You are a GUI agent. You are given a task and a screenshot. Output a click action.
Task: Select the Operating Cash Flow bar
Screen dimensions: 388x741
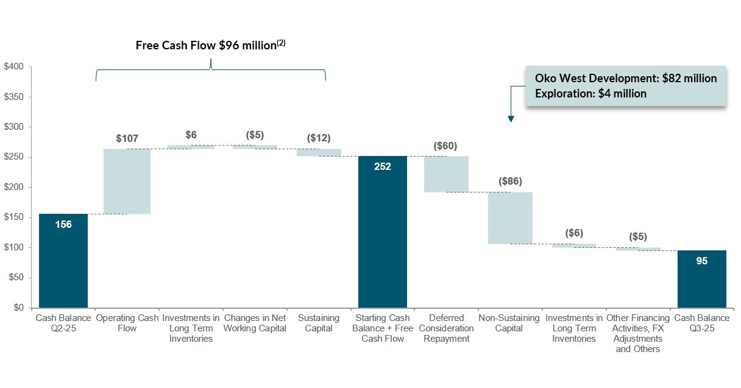click(127, 182)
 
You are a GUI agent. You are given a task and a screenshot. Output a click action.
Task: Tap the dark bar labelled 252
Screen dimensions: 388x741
click(383, 231)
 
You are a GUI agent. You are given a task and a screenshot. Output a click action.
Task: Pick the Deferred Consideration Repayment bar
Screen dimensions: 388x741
click(446, 174)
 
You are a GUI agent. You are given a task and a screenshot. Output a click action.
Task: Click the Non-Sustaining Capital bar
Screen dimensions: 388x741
click(509, 218)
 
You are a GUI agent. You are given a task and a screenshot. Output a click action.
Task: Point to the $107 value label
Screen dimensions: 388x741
click(127, 139)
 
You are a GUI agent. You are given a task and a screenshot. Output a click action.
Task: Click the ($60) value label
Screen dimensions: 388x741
click(445, 146)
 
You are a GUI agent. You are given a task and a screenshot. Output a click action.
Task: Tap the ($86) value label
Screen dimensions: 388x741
click(510, 182)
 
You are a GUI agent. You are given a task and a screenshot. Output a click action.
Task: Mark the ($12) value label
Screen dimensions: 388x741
click(318, 138)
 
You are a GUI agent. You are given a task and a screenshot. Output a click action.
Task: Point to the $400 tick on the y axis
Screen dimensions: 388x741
click(14, 66)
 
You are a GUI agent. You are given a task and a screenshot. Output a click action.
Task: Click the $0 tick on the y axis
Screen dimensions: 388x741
click(19, 308)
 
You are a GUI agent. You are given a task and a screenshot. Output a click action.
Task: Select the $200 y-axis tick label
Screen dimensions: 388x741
click(14, 187)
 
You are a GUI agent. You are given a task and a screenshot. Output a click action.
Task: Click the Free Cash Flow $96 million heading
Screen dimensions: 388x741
click(210, 46)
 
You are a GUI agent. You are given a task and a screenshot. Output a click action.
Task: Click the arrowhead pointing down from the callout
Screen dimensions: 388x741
click(511, 119)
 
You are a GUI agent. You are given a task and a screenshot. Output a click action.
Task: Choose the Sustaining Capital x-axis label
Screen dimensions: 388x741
click(318, 323)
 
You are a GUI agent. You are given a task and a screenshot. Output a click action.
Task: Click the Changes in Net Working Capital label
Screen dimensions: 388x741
click(255, 323)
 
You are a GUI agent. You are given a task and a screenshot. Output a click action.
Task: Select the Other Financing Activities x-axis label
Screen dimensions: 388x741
click(637, 333)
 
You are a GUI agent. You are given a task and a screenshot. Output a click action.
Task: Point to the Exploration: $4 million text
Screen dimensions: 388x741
click(590, 94)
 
